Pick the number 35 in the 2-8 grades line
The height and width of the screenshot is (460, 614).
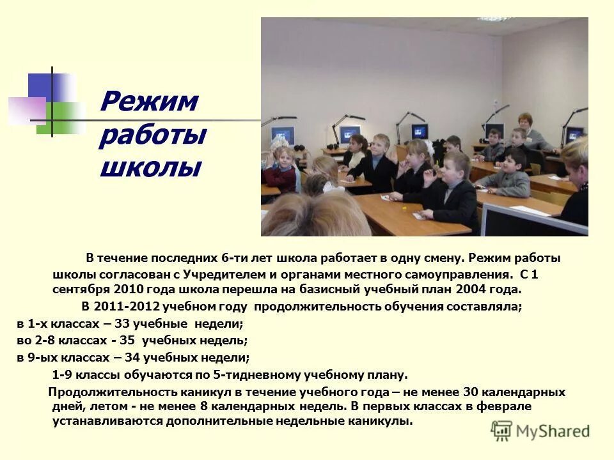tap(127, 341)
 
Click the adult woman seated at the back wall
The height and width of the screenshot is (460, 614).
tap(526, 131)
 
